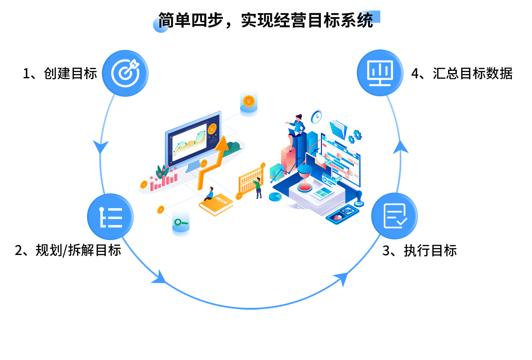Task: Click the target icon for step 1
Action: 125,73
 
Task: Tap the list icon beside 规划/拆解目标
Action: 111,217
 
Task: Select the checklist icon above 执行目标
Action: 394,216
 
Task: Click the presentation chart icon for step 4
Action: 380,73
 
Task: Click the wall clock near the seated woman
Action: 316,117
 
